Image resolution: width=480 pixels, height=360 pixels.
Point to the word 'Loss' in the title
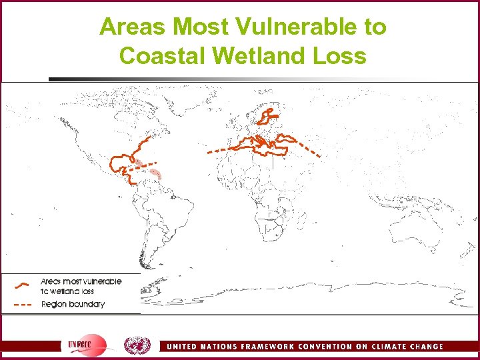coord(341,55)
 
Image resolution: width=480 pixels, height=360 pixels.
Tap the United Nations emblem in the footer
coord(137,345)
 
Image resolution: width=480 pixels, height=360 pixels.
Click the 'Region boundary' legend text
coord(73,305)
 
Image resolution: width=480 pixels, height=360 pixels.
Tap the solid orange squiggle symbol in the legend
coord(21,285)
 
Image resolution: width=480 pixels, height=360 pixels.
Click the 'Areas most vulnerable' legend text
coord(81,281)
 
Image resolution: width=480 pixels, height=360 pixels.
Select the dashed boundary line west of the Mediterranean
coord(220,151)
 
